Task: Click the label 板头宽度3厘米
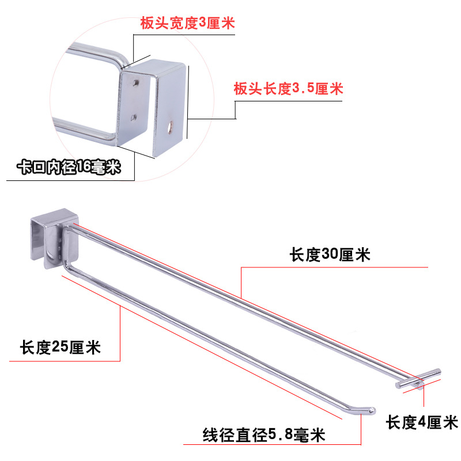pos(188,24)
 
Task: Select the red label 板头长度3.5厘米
pos(288,89)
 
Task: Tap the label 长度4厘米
pos(422,423)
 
